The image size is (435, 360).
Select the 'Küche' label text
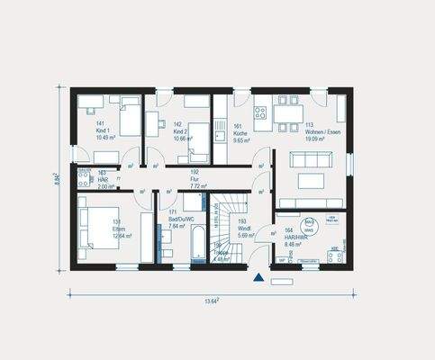click(240, 133)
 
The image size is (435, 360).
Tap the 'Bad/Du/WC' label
click(173, 220)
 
